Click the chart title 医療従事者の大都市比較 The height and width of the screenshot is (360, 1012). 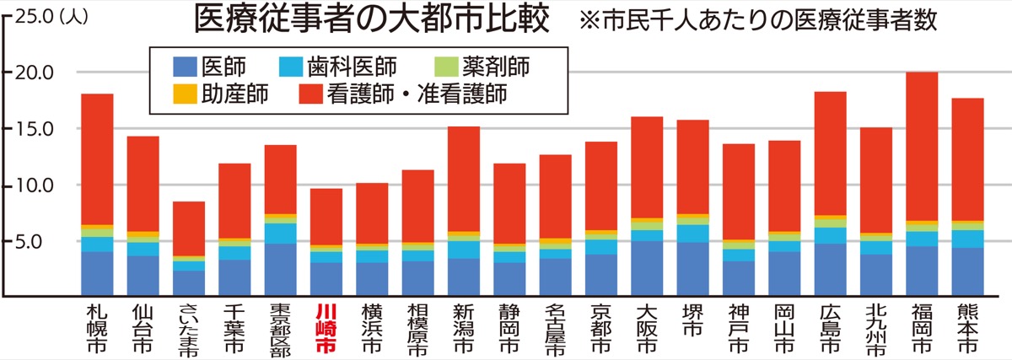372,19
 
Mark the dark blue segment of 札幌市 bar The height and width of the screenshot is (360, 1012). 97,273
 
